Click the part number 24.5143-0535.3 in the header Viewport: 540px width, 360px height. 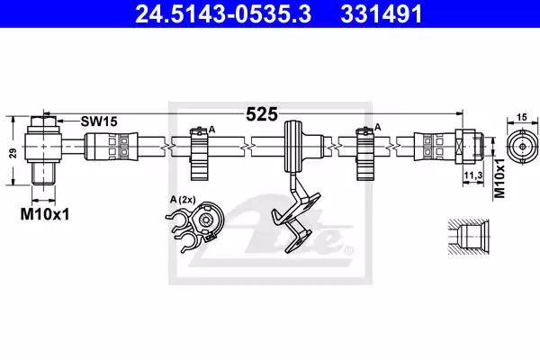[223, 14]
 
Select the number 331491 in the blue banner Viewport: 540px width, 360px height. [382, 14]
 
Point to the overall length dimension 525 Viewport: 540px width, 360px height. [262, 114]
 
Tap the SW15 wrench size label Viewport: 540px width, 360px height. [99, 121]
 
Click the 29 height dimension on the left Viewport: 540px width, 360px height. [13, 153]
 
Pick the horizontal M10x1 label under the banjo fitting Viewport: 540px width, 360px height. [45, 214]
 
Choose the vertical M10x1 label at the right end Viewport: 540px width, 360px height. [499, 178]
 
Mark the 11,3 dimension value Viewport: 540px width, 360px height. [472, 175]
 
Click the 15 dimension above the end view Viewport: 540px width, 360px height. [522, 117]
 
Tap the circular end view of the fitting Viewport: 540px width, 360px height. [522, 147]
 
